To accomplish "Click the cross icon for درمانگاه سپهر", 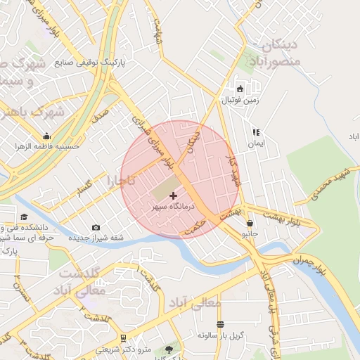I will coord(174,195).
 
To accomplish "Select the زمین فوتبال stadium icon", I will coord(240,89).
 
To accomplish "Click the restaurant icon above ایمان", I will coord(256,131).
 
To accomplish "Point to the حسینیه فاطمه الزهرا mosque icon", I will coord(47,136).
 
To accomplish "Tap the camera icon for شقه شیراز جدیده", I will coord(96,227).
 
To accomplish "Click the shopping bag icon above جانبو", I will coord(250,223).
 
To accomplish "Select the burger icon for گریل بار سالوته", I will coord(220,324).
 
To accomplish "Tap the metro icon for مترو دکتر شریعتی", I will coord(124,337).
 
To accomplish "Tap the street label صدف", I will coord(100,112).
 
